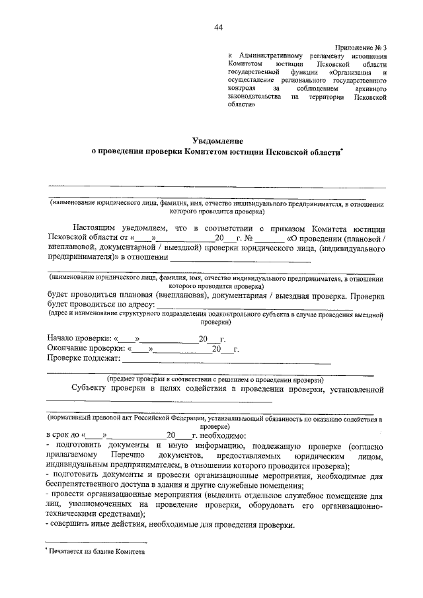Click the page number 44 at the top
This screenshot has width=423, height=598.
218,26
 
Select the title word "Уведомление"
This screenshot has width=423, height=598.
217,140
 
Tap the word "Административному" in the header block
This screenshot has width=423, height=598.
269,56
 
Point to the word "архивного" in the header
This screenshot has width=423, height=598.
370,87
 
